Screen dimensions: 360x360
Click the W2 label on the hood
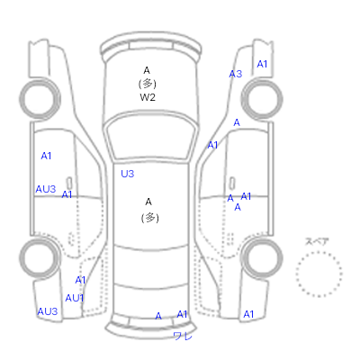pyautogui.click(x=148, y=97)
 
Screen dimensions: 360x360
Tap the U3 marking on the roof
pyautogui.click(x=128, y=174)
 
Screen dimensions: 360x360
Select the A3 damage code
pyautogui.click(x=236, y=74)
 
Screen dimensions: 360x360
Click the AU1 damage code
pyautogui.click(x=75, y=298)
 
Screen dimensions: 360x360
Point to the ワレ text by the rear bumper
pyautogui.click(x=183, y=336)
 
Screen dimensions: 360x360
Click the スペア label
pyautogui.click(x=317, y=241)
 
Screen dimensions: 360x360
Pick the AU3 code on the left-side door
pyautogui.click(x=46, y=189)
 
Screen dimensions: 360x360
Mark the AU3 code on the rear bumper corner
pyautogui.click(x=48, y=311)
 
